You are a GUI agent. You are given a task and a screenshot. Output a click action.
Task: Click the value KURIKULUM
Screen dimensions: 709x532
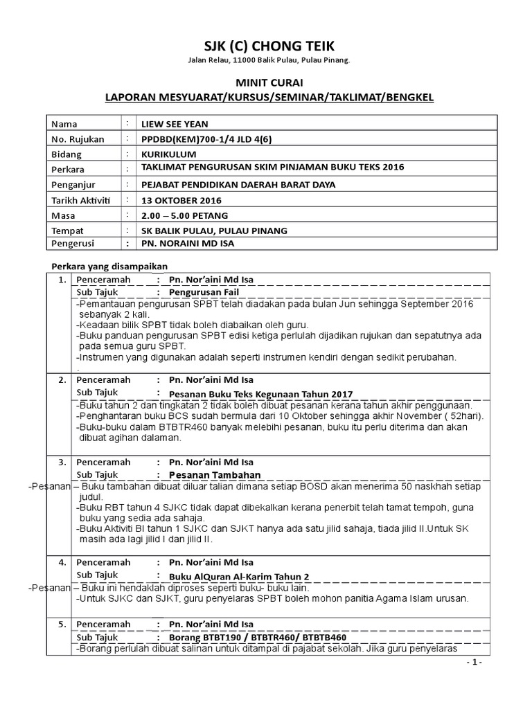pos(169,154)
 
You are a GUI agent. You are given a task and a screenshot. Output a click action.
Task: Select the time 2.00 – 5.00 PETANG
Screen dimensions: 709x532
pos(185,215)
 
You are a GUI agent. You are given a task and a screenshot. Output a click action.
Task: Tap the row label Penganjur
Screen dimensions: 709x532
pos(73,184)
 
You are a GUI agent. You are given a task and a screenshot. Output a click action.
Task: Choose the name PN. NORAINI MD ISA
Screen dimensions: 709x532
pos(188,243)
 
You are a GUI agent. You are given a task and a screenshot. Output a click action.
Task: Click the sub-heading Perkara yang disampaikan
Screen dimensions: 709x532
pos(110,267)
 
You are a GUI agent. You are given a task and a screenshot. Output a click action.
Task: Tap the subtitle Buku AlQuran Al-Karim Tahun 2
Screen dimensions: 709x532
pos(240,576)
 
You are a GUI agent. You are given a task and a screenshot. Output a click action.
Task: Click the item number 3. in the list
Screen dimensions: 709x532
pos(62,462)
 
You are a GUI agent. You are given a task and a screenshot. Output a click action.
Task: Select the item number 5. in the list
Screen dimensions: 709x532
pos(62,625)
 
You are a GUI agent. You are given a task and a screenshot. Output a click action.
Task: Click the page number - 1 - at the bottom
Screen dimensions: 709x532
pos(474,663)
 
